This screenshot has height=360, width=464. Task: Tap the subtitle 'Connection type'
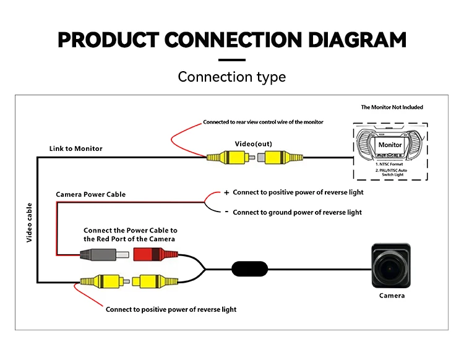(x=232, y=77)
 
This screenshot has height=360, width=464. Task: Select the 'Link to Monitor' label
(x=76, y=148)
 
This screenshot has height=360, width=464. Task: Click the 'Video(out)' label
(x=253, y=144)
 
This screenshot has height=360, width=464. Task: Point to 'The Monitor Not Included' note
(x=392, y=108)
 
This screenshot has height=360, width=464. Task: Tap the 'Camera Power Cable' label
(x=91, y=194)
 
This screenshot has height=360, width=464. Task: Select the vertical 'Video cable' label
(x=29, y=221)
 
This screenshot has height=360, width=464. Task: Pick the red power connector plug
(x=151, y=254)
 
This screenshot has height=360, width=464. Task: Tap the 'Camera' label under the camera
(x=392, y=296)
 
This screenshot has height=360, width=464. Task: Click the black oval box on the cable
(x=250, y=269)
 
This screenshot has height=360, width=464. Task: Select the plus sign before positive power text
(x=226, y=192)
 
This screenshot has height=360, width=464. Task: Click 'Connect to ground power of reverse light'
(x=298, y=212)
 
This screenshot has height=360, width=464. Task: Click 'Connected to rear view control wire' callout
(x=264, y=122)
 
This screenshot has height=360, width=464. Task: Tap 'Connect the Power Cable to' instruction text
(x=131, y=230)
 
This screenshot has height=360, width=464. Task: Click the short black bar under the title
(x=232, y=60)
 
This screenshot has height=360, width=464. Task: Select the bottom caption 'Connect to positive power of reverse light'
(x=171, y=309)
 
